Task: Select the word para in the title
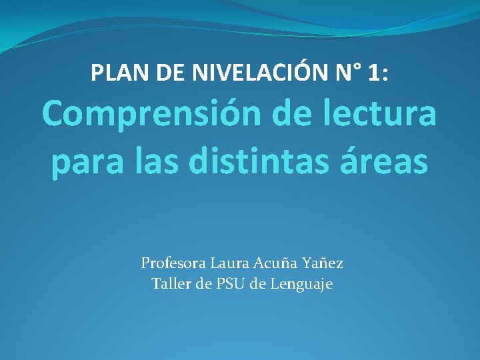[84, 163]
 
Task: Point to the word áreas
[386, 163]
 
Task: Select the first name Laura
[227, 263]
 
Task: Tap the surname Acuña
[276, 263]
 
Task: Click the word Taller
[170, 285]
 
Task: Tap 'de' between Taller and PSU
[203, 285]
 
